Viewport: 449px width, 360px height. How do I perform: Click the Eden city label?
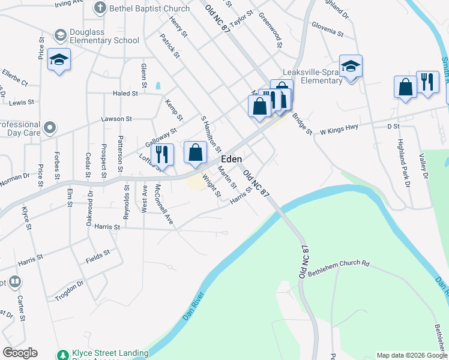pyautogui.click(x=232, y=159)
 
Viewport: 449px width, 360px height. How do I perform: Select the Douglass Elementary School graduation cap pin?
pyautogui.click(x=59, y=60)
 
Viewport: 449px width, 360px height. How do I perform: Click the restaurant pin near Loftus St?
pyautogui.click(x=162, y=154)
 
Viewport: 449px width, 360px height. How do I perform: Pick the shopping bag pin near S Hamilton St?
pyautogui.click(x=195, y=152)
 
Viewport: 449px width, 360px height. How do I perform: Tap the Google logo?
pyautogui.click(x=20, y=353)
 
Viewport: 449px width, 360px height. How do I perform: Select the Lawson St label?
pyautogui.click(x=116, y=119)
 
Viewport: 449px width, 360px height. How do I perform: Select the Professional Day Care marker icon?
pyautogui.click(x=50, y=127)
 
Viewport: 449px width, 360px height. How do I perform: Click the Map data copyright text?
pyautogui.click(x=412, y=355)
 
